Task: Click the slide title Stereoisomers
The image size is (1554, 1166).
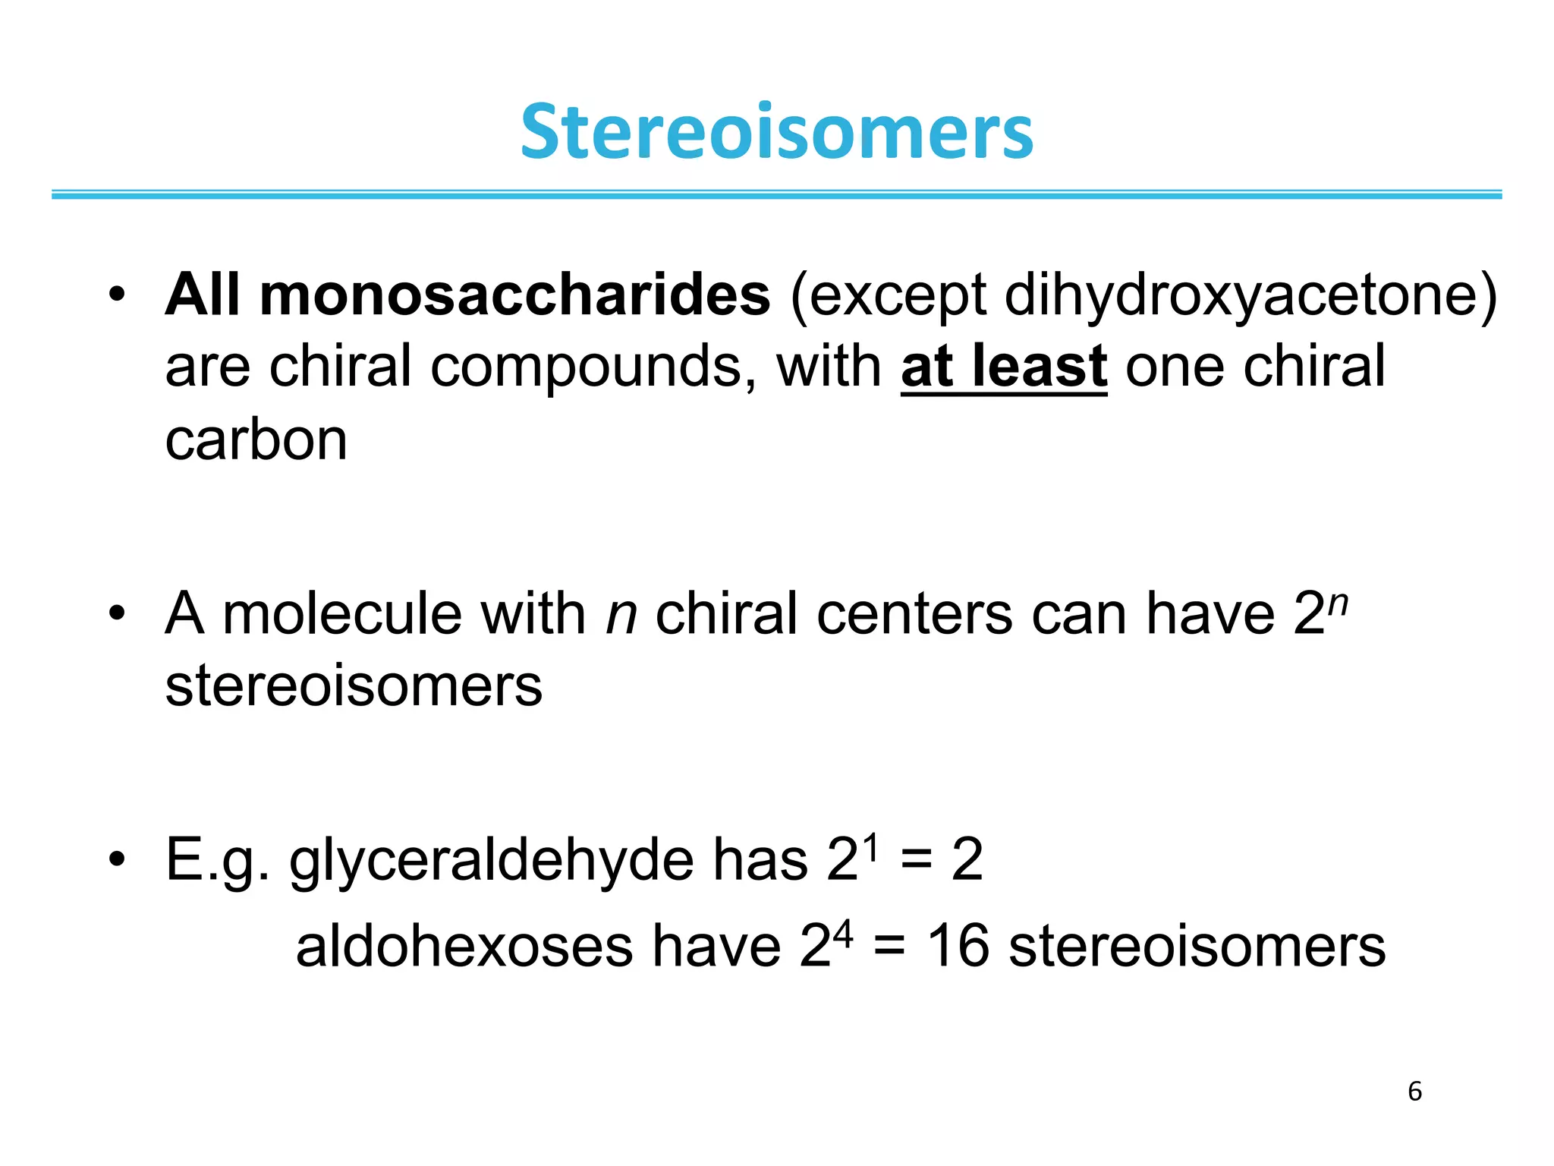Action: click(776, 133)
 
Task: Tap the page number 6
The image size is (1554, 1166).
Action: click(1414, 1092)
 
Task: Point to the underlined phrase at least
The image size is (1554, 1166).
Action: click(1003, 367)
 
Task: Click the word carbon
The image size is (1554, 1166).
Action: click(256, 440)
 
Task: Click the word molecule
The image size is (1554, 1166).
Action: click(341, 613)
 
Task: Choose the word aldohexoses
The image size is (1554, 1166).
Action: click(464, 947)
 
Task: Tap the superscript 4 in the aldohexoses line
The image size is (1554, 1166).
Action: click(842, 932)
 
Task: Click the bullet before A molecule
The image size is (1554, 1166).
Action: click(115, 613)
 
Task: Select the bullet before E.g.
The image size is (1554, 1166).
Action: click(115, 860)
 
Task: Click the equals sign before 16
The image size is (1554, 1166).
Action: click(889, 948)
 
